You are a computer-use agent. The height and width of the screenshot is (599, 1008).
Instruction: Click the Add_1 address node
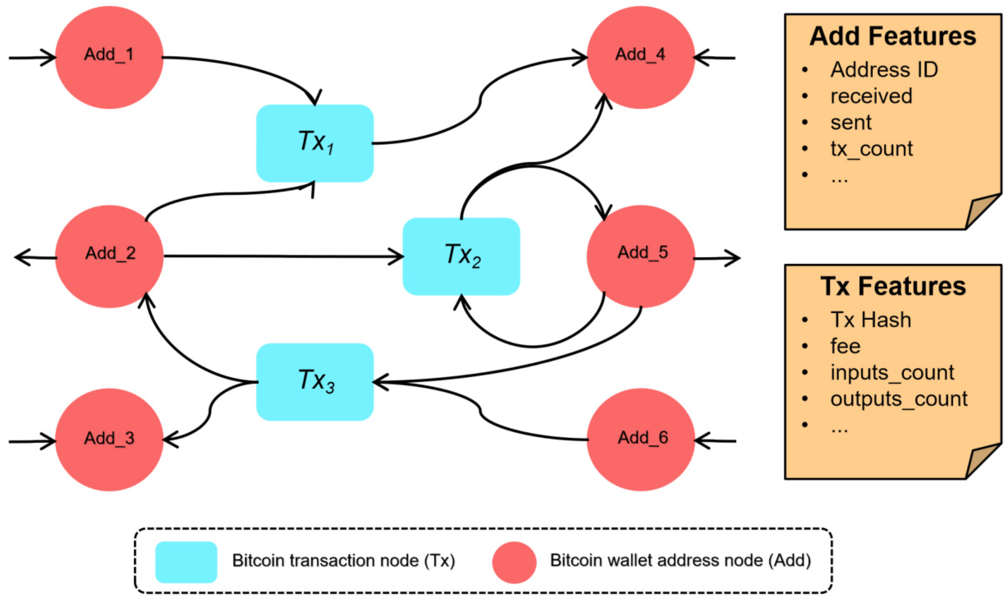(109, 57)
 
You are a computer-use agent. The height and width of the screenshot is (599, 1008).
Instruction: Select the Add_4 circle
(640, 57)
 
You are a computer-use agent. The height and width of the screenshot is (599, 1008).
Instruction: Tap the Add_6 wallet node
(640, 440)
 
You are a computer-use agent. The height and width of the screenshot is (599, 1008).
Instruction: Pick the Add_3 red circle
(109, 440)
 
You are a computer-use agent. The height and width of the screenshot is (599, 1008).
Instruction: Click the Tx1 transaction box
(315, 143)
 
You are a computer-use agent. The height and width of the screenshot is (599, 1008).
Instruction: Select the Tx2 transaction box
(461, 257)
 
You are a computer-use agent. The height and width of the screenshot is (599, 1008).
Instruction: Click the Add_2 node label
(110, 253)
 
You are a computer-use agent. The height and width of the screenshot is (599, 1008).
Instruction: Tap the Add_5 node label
(642, 253)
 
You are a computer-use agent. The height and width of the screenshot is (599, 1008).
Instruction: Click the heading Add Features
(892, 36)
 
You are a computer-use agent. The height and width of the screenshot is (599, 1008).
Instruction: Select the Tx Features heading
(893, 287)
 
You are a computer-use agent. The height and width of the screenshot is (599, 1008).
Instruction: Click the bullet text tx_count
(871, 149)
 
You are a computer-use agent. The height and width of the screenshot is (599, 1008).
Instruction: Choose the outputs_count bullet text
(898, 399)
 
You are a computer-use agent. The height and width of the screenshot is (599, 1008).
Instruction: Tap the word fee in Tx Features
(845, 346)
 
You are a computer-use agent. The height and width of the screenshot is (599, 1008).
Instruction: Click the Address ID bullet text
(884, 70)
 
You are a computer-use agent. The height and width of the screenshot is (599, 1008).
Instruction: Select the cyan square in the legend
(186, 562)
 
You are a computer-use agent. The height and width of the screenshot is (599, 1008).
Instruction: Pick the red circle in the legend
(514, 562)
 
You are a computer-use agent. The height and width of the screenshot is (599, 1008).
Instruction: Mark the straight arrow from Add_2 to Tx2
(282, 256)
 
